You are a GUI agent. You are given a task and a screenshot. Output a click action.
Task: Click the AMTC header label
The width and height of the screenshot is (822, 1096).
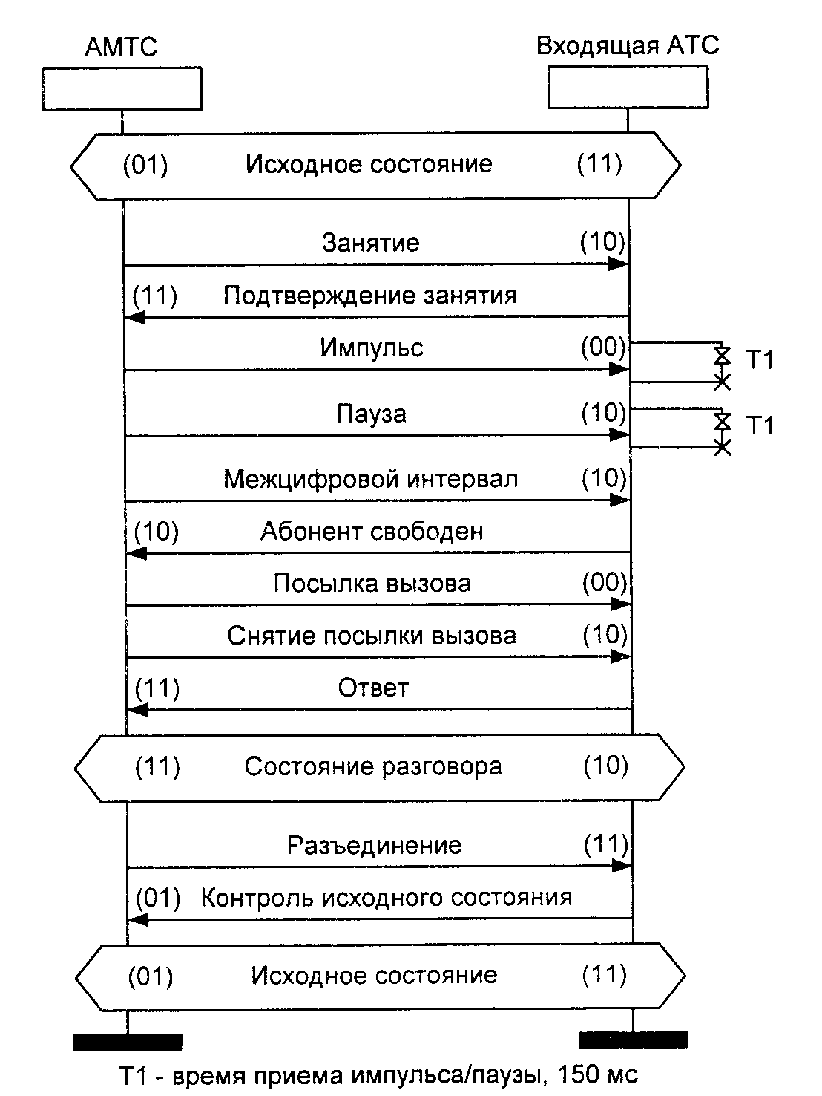tap(122, 48)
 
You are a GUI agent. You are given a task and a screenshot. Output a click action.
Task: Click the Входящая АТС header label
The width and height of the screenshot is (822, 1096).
tap(628, 46)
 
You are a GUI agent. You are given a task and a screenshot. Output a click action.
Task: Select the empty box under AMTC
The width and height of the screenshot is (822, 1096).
tap(122, 89)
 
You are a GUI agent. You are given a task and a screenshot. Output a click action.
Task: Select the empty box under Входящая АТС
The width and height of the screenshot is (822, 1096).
tap(628, 88)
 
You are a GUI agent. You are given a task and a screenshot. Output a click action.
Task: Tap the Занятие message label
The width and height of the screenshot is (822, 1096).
tap(371, 243)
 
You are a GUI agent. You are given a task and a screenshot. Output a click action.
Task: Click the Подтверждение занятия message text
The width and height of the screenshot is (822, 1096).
tap(370, 296)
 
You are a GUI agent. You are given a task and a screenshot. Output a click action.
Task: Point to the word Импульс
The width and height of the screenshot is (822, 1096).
tap(372, 348)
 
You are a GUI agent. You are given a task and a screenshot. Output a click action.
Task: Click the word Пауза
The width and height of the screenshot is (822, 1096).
tap(372, 414)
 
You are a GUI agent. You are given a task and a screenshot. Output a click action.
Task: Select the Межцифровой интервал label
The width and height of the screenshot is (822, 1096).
tap(371, 479)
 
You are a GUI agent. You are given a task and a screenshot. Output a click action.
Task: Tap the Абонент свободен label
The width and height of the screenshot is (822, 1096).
tap(372, 532)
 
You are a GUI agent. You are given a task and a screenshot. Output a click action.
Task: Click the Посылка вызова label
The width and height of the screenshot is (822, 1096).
tap(372, 584)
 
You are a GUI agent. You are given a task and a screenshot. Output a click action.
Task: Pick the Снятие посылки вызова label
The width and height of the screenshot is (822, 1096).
tap(372, 636)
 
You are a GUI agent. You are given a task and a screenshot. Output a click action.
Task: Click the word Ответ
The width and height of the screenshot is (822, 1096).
tap(373, 688)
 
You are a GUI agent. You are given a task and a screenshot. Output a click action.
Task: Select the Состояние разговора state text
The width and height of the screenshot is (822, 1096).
tap(373, 766)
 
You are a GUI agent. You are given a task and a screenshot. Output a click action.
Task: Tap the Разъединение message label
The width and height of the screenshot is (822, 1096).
tap(374, 845)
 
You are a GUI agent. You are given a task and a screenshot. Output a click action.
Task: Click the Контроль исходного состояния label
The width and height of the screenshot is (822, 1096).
tap(387, 898)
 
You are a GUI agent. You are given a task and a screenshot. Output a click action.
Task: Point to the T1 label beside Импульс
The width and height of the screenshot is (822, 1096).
tap(759, 361)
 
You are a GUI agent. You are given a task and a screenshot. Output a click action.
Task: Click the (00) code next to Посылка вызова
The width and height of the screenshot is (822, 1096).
tap(605, 583)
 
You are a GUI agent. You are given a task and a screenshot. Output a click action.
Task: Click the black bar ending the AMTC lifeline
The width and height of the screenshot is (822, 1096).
tap(128, 1042)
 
